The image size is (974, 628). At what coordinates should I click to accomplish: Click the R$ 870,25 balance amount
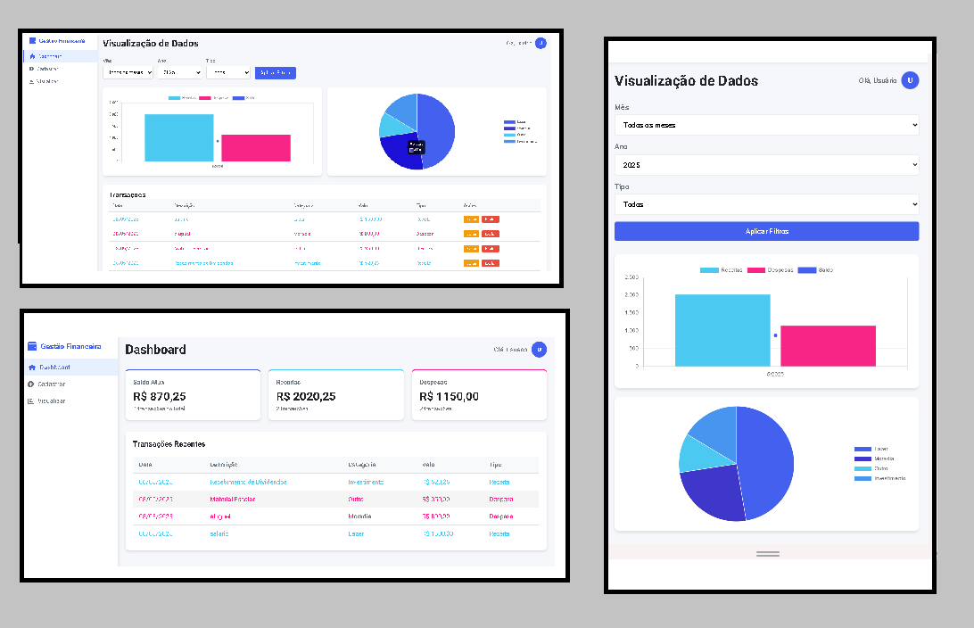(x=160, y=396)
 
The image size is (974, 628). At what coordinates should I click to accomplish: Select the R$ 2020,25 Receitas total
(x=306, y=396)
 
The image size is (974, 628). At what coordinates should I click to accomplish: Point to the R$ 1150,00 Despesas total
(x=449, y=396)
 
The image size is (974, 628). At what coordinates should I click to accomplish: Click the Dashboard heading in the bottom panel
(x=156, y=350)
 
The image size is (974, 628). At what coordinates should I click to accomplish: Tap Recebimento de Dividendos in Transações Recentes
(x=248, y=482)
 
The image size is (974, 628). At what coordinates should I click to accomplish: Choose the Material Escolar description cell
(x=232, y=499)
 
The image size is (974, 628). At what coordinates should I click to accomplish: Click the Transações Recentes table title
(x=169, y=443)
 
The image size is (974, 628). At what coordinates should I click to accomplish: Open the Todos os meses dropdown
(x=766, y=125)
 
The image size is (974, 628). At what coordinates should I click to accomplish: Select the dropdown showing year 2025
(x=766, y=165)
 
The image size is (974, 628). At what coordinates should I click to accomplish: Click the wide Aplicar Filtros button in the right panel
(x=766, y=231)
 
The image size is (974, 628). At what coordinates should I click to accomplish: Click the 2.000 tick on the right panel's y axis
(x=631, y=295)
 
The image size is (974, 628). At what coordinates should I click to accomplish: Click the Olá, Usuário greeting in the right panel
(x=878, y=80)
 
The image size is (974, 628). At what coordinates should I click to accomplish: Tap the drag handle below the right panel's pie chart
(x=767, y=554)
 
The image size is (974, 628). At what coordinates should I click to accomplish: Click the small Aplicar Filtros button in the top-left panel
(x=275, y=73)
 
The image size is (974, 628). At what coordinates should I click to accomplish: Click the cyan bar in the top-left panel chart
(x=178, y=137)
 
